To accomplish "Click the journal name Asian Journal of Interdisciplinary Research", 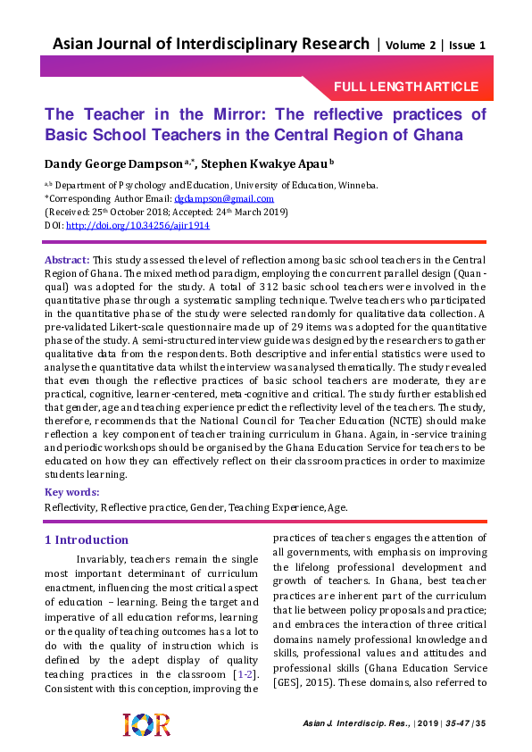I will point(211,44).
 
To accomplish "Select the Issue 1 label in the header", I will point(467,45).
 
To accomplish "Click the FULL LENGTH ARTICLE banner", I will point(406,87).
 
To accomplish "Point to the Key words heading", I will point(72,492).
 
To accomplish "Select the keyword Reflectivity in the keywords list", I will point(71,506).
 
